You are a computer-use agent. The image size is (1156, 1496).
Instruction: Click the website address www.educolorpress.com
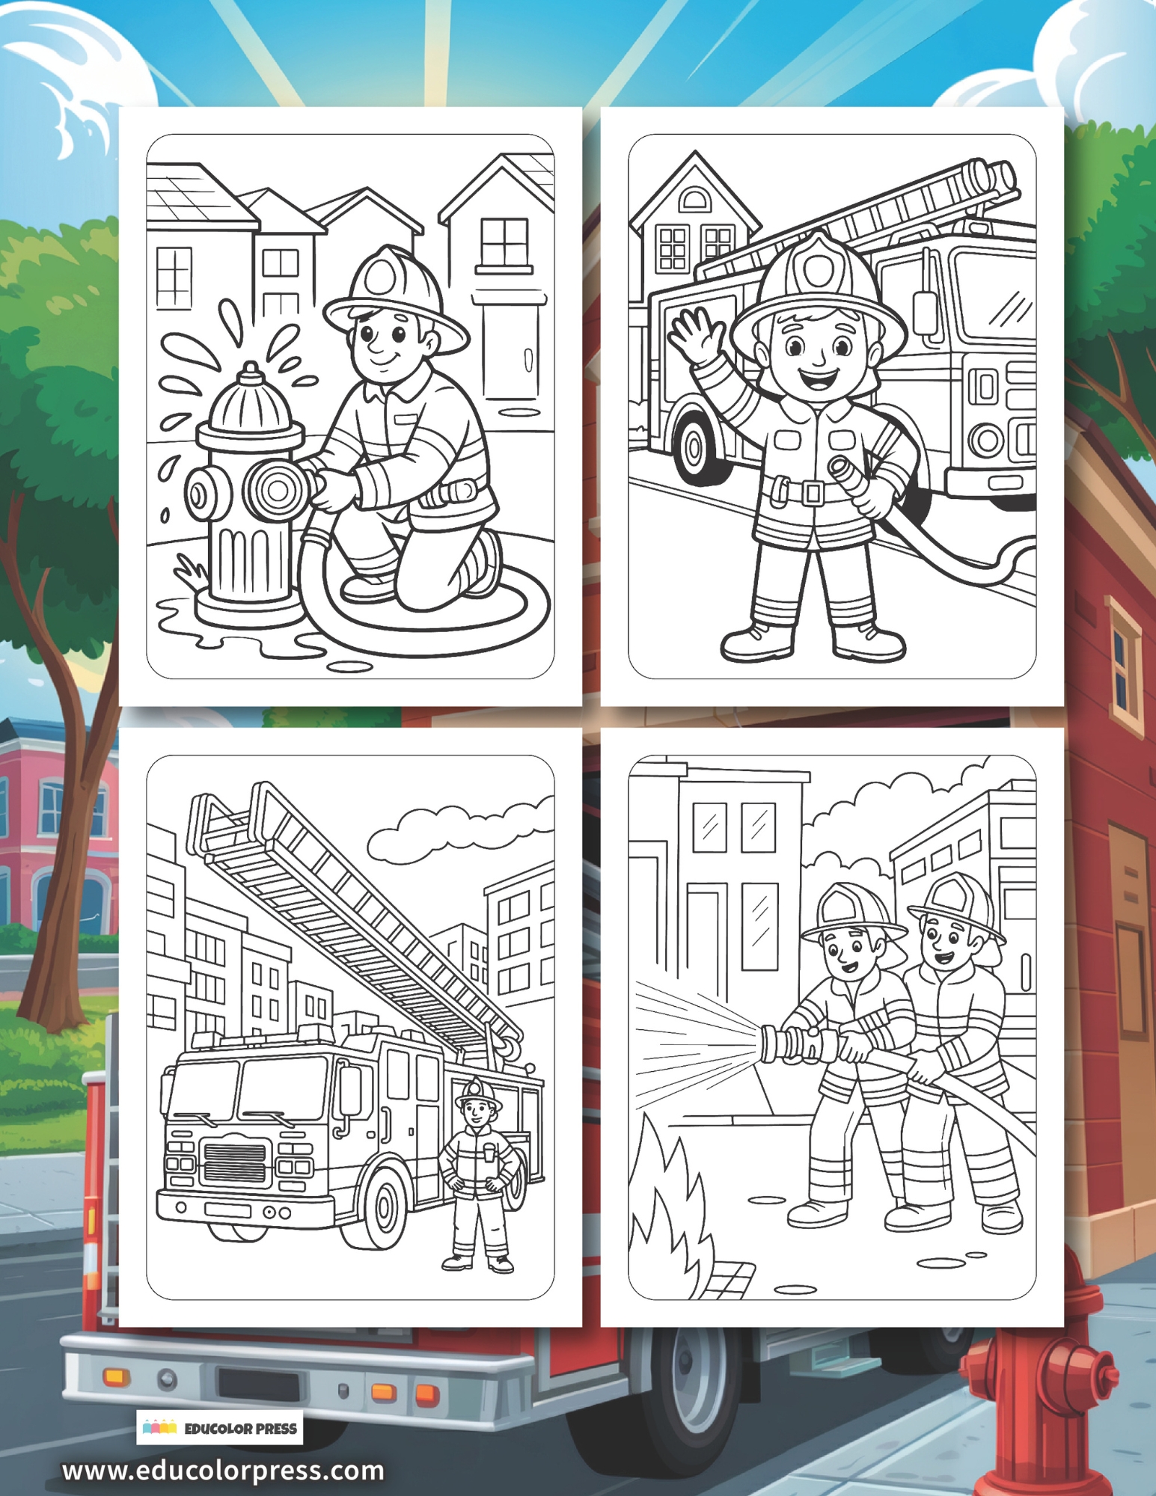[223, 1471]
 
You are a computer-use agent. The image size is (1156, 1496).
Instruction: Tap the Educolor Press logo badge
[219, 1428]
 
